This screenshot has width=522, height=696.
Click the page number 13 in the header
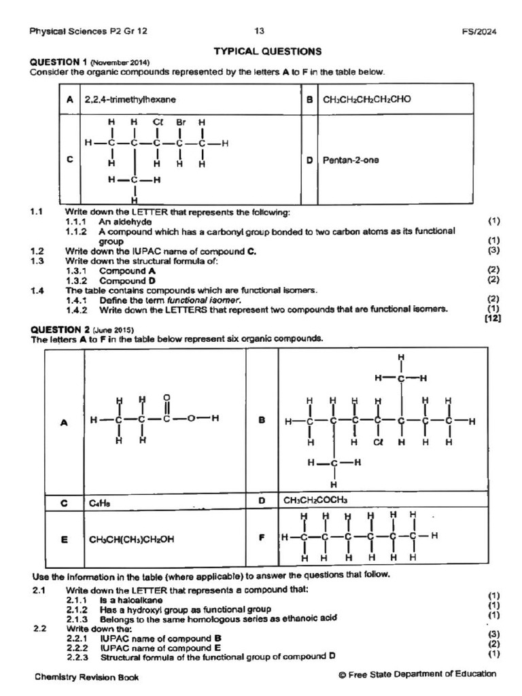pos(260,31)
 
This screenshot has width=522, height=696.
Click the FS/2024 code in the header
pos(478,31)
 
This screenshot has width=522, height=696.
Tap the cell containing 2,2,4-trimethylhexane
pos(130,99)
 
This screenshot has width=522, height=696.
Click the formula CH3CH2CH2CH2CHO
pos(367,99)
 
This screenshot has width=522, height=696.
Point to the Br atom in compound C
pos(180,123)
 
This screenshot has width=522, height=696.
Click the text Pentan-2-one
pos(352,160)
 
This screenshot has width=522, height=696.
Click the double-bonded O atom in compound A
pos(167,399)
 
